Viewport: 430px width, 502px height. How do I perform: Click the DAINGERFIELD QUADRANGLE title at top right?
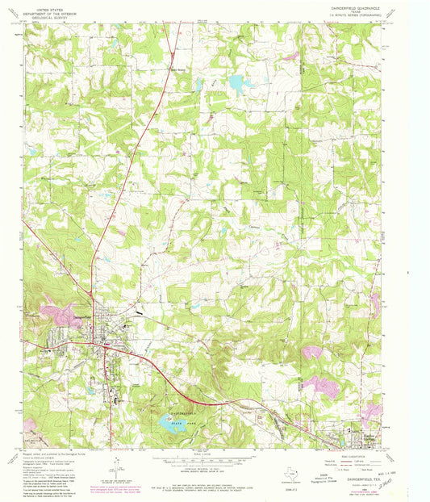(365, 8)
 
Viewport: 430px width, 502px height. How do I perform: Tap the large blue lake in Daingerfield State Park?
(173, 425)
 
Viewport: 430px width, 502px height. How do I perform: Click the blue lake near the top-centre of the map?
(238, 82)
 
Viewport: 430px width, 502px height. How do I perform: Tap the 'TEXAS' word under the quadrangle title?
(365, 14)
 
